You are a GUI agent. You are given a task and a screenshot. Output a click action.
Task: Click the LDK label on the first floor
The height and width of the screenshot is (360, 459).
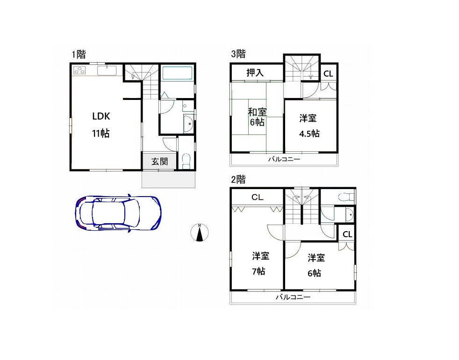101,116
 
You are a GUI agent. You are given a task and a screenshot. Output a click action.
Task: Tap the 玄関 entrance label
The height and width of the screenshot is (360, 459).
159,161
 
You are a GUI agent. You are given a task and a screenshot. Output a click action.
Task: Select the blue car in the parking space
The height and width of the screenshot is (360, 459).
118,212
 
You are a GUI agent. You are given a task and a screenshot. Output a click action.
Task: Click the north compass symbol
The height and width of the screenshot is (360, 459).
199,233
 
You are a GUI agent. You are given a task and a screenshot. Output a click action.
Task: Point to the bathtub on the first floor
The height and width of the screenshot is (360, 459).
178,73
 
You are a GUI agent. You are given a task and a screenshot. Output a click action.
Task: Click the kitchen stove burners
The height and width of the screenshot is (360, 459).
79,71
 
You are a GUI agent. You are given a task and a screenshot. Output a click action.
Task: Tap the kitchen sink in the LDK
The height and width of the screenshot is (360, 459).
107,71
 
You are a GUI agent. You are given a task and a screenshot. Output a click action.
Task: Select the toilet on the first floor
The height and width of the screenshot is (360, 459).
186,161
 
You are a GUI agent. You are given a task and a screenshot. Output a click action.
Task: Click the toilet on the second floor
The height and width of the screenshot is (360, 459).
346,197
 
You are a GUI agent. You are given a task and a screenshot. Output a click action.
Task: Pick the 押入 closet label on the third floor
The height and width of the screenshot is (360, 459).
255,72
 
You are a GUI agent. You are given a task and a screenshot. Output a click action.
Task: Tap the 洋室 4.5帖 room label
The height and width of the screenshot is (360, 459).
309,126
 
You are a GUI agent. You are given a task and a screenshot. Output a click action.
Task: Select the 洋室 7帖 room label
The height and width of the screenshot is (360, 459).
260,263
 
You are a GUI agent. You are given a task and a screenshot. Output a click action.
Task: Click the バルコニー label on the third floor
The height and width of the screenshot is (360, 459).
284,159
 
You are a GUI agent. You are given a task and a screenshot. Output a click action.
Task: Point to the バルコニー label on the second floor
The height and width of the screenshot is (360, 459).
293,297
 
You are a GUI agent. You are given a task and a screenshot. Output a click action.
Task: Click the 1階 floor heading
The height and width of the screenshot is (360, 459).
79,54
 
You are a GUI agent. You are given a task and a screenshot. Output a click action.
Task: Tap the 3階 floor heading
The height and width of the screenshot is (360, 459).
238,54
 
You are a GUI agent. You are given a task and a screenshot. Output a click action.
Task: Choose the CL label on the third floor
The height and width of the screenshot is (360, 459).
328,74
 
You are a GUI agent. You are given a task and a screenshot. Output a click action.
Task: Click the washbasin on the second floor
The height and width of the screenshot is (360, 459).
349,215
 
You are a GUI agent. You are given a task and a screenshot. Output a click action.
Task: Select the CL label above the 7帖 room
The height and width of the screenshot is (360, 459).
257,198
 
